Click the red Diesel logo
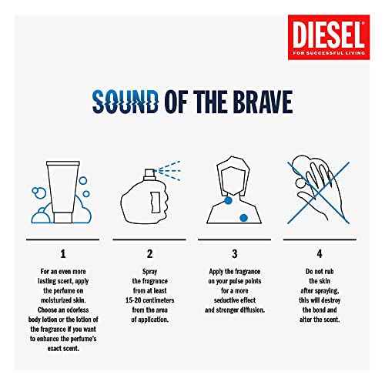coord(329,37)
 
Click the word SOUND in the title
coord(126,102)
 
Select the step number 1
coord(63,254)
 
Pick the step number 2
coord(149,254)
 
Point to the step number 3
coord(235,254)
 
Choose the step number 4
coord(320,254)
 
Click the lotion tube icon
coord(63,192)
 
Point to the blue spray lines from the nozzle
coord(169,171)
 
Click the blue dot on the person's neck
coord(228,200)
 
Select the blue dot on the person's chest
coord(243,218)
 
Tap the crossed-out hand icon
coord(319,192)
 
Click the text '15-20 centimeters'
coord(149,300)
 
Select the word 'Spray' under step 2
coord(149,272)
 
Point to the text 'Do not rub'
coord(320,271)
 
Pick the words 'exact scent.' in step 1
coord(63,349)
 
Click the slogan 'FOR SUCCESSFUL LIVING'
coord(329,53)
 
